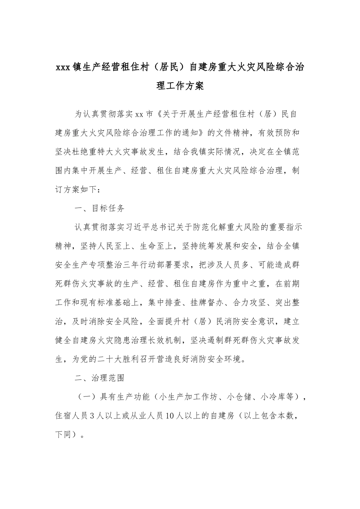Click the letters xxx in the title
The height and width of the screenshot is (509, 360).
[62, 68]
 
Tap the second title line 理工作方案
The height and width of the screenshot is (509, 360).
[180, 86]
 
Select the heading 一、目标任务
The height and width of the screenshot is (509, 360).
[99, 208]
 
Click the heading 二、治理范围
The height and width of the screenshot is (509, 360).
[99, 378]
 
